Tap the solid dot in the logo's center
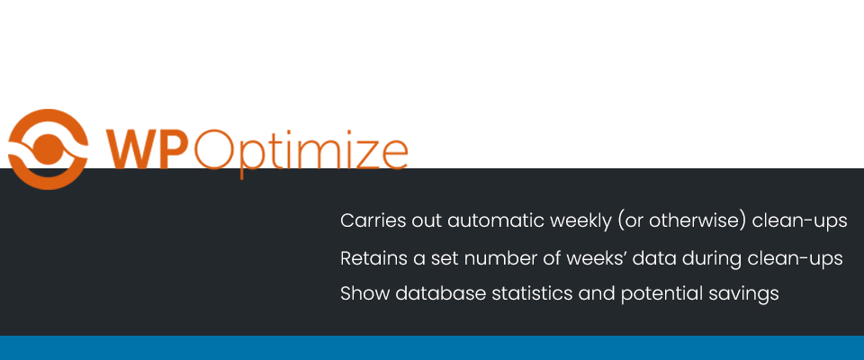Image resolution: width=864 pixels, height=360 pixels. (48, 148)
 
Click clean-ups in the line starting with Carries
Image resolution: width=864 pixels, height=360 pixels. (799, 221)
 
